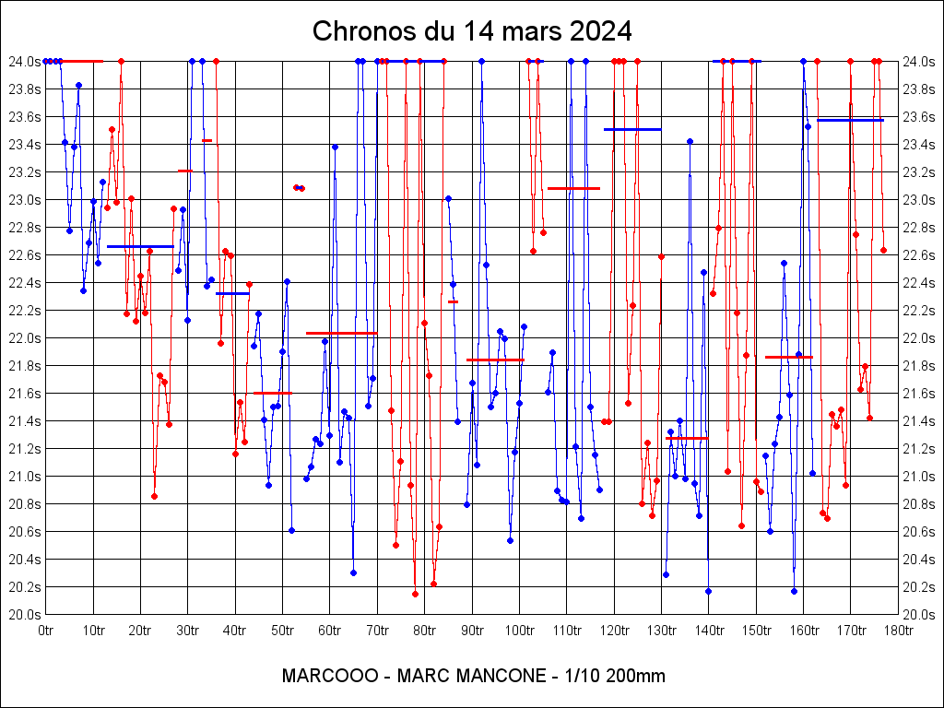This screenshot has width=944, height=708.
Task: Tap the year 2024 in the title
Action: coord(599,30)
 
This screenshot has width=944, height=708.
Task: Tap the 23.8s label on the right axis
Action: coord(920,89)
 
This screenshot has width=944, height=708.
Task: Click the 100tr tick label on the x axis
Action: coord(519,631)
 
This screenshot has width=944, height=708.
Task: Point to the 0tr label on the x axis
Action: coord(46,631)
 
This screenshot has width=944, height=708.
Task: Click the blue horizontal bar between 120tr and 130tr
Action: coord(632,129)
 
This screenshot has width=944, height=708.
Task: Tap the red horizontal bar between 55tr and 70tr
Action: coord(341,333)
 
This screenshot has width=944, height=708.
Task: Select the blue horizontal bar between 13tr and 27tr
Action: coord(140,246)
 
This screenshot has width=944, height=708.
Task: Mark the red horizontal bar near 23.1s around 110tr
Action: coord(573,188)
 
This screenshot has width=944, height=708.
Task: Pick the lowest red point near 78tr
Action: coord(415,594)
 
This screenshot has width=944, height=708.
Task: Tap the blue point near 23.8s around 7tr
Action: coord(78,85)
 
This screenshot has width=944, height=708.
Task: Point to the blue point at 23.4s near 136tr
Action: coord(690,141)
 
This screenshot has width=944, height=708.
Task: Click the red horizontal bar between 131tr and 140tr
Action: coord(687,438)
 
